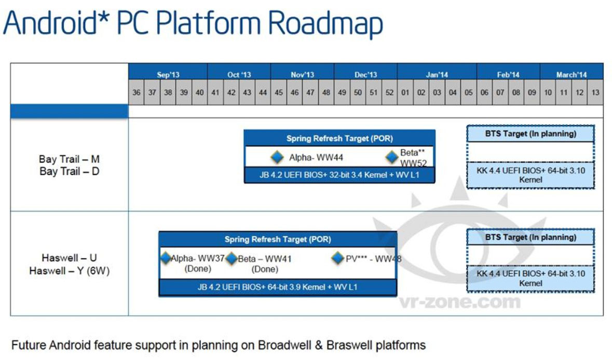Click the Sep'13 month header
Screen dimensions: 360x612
click(168, 75)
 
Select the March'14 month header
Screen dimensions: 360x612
click(571, 75)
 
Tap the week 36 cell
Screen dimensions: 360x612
click(137, 92)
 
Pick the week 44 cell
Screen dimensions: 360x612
click(263, 92)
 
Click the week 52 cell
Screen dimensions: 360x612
click(389, 92)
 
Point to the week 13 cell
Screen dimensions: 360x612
click(595, 92)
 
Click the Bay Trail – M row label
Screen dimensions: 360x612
click(69, 159)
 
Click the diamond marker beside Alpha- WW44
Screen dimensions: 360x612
click(277, 157)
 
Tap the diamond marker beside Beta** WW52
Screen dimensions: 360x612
click(392, 157)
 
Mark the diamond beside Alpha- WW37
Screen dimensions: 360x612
click(166, 257)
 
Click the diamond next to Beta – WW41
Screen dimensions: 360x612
click(231, 258)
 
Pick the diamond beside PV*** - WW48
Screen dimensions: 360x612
click(338, 258)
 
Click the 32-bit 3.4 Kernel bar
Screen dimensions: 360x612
click(339, 176)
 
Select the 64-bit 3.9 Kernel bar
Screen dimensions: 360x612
click(278, 287)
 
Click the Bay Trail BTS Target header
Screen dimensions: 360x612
click(531, 134)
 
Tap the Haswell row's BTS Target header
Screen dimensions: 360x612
click(531, 237)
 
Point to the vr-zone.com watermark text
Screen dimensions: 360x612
click(459, 301)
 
